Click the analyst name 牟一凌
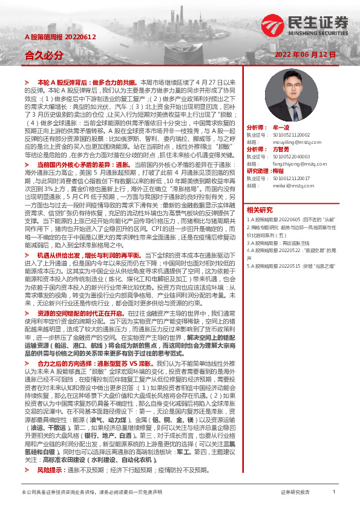tap(281, 128)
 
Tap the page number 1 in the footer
tap(334, 491)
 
